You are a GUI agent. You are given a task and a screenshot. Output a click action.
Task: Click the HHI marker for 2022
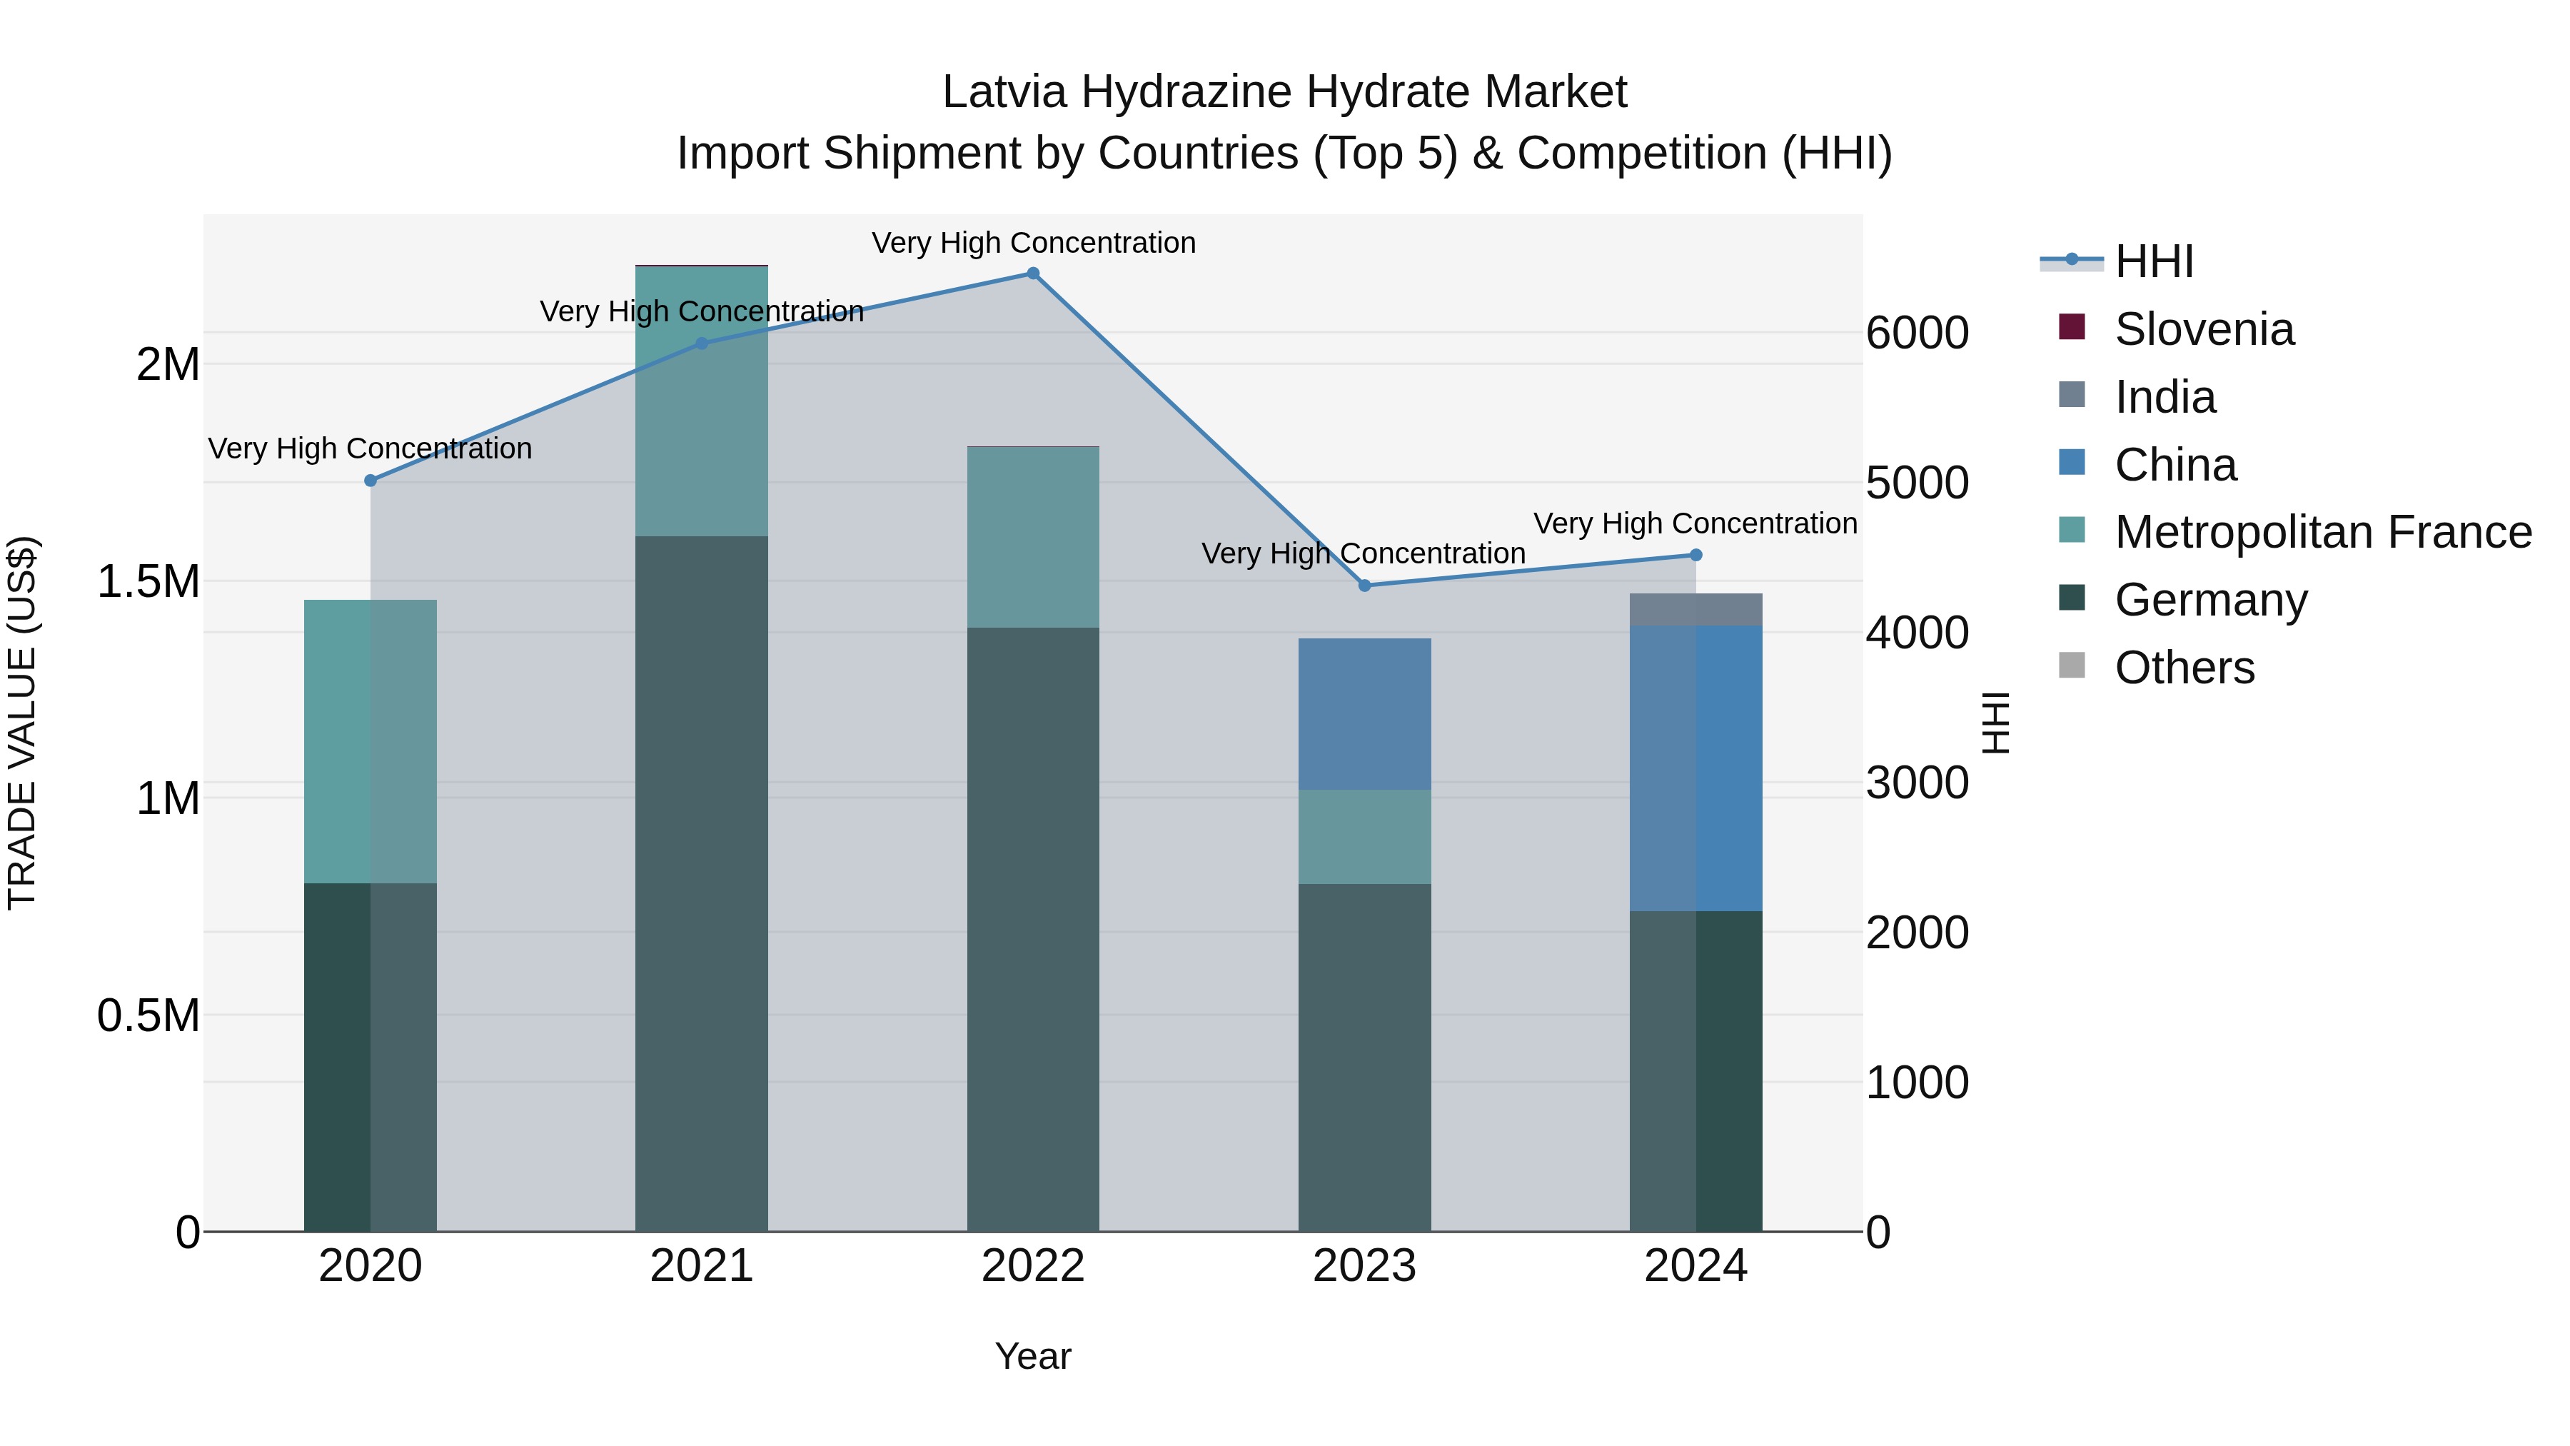(x=1032, y=273)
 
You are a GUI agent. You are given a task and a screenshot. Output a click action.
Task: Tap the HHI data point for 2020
(x=370, y=480)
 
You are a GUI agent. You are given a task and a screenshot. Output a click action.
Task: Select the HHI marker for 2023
(x=1365, y=586)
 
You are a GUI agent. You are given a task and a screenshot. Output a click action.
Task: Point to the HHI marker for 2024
(x=1696, y=555)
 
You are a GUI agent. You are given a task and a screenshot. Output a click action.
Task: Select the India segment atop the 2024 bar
(x=1696, y=610)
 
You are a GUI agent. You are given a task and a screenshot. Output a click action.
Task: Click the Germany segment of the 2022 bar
(x=1032, y=928)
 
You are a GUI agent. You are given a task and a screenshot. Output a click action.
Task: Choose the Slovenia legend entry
(x=2204, y=329)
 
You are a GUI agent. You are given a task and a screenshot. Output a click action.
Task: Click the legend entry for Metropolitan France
(x=2322, y=532)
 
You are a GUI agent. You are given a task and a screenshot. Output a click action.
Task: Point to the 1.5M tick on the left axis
(x=148, y=581)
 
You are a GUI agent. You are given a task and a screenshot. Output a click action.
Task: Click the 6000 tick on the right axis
(x=1917, y=333)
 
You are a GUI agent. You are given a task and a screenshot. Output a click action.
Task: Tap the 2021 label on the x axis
(x=701, y=1266)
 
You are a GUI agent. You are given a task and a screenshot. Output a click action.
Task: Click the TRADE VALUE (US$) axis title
(x=22, y=723)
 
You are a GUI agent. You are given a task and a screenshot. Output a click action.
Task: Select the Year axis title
(x=1032, y=1356)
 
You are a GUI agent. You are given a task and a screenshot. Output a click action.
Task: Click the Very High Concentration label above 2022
(x=1032, y=243)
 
